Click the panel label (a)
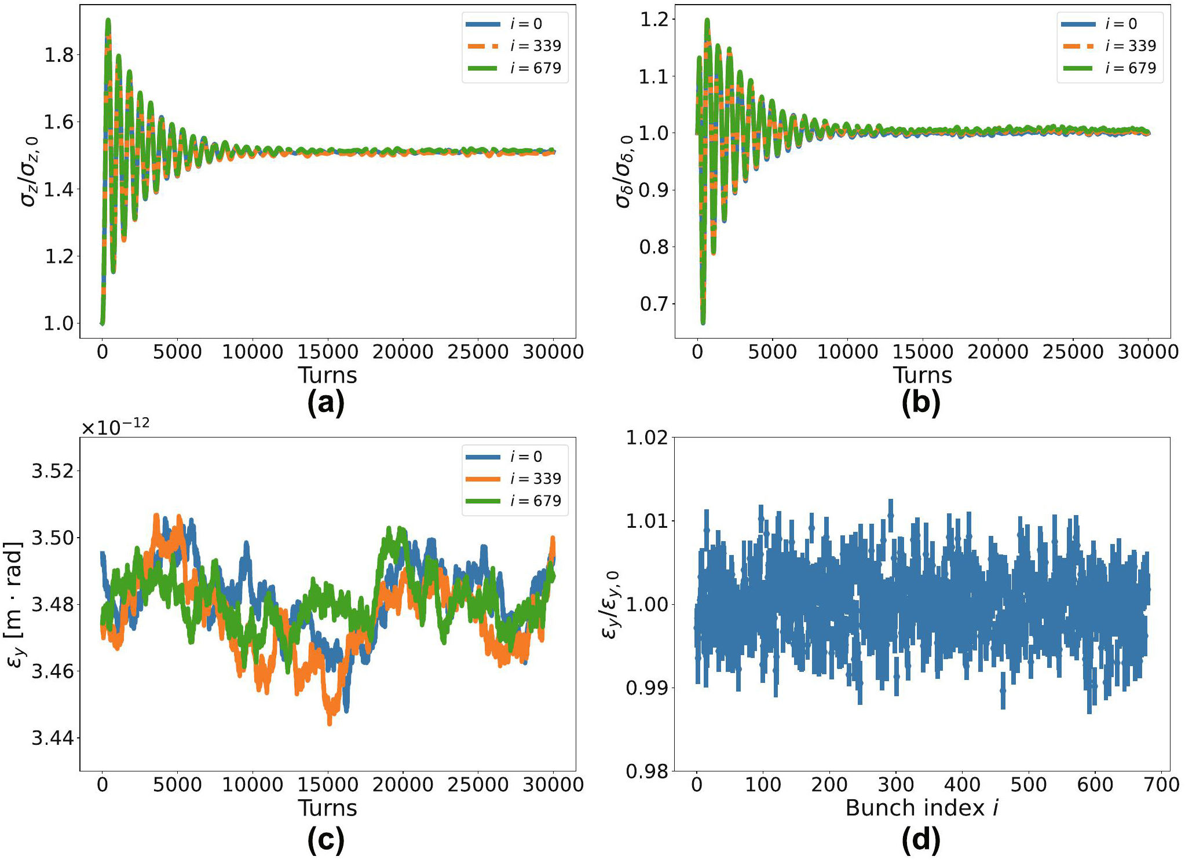tap(326, 402)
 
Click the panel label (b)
tap(921, 402)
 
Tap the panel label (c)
tap(326, 840)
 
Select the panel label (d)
tap(921, 840)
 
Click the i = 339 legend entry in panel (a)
tap(515, 46)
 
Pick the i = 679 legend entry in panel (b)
tap(1110, 68)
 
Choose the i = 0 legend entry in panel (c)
tap(515, 457)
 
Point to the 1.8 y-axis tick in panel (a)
tap(59, 55)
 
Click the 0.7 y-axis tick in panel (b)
tap(654, 304)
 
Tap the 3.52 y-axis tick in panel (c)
tap(53, 471)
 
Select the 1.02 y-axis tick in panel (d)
tap(647, 438)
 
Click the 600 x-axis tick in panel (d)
tap(1095, 785)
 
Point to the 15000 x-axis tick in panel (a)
tap(328, 352)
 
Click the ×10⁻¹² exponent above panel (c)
tap(115, 427)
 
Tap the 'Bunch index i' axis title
tap(922, 808)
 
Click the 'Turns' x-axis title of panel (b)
tap(922, 375)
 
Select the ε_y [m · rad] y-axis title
tap(14, 605)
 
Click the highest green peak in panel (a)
tap(108, 21)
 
